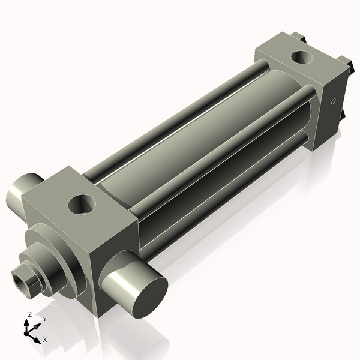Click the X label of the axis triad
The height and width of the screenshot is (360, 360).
44,340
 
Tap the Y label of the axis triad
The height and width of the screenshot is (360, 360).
44,319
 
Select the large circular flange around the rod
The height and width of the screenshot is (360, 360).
57,252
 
